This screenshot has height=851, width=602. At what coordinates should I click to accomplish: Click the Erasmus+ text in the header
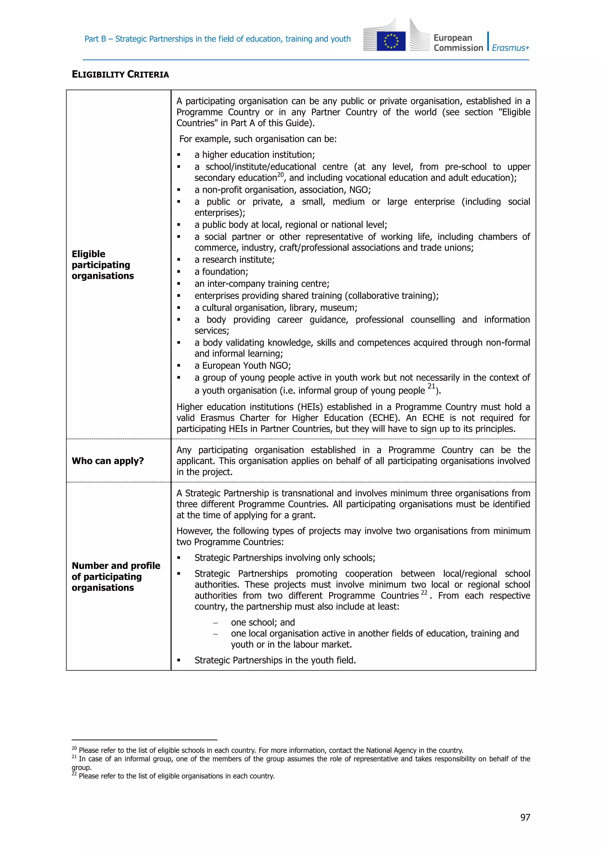(x=511, y=48)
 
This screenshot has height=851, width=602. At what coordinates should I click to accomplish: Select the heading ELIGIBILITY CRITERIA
(x=120, y=75)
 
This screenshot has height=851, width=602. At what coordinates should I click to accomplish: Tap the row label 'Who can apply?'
(x=108, y=461)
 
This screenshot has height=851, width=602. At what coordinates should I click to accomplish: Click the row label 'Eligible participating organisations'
(x=102, y=265)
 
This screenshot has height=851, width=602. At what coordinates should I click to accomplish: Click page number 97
(x=525, y=817)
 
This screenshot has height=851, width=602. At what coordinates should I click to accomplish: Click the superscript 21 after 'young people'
(x=431, y=386)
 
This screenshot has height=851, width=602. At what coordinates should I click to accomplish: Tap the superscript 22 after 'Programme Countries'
(x=424, y=593)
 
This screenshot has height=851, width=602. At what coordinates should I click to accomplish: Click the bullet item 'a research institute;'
(x=234, y=260)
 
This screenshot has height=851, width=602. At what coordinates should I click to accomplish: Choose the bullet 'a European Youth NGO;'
(x=243, y=366)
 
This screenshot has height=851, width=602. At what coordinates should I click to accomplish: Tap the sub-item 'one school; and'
(x=262, y=622)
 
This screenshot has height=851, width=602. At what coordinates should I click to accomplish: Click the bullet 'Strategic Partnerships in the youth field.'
(x=275, y=660)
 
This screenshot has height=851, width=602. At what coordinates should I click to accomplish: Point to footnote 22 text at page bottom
(x=176, y=776)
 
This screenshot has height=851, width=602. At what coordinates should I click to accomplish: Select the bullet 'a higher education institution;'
(x=254, y=155)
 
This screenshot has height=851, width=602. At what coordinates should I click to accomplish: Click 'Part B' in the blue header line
(x=95, y=39)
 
